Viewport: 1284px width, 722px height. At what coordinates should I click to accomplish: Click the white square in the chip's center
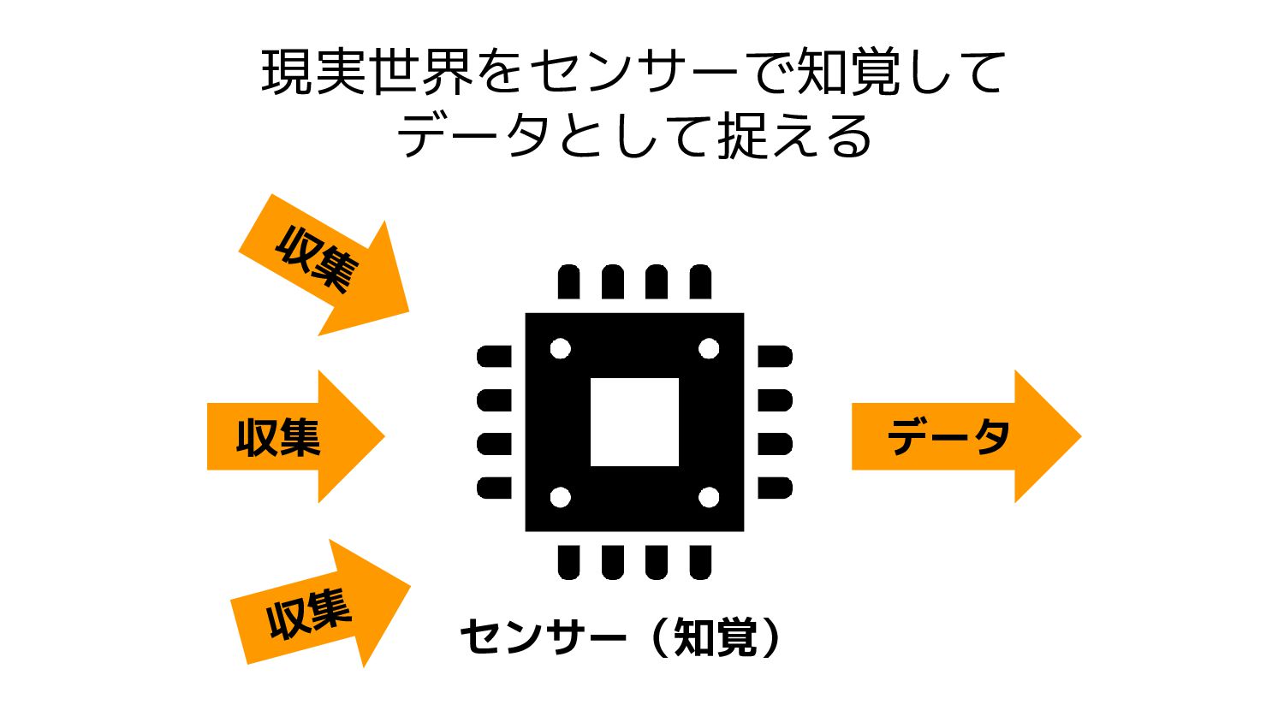[x=634, y=422]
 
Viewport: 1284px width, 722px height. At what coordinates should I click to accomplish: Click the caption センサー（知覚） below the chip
[x=621, y=637]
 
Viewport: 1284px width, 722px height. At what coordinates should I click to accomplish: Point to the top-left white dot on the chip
[x=560, y=348]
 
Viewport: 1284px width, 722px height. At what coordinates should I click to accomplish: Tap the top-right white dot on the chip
[x=709, y=348]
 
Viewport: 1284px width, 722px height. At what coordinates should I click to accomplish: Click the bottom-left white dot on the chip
[x=560, y=497]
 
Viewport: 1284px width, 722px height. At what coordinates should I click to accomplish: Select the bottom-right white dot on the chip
[x=709, y=497]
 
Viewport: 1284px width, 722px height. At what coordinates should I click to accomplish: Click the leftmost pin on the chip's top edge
[x=568, y=282]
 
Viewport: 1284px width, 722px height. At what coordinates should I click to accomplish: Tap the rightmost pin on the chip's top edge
[x=700, y=282]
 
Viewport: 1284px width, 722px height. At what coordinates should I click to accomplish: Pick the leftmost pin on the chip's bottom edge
[x=568, y=562]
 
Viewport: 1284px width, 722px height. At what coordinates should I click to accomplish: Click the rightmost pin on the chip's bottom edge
[x=700, y=562]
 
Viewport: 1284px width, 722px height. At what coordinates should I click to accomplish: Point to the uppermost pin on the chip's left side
[x=494, y=357]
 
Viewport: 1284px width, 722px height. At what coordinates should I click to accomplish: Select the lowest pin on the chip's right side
[x=775, y=488]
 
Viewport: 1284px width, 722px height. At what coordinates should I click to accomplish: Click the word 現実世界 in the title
[x=368, y=72]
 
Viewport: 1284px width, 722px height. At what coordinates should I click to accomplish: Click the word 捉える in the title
[x=795, y=137]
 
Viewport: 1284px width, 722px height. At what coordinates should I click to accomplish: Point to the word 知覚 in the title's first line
[x=847, y=72]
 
